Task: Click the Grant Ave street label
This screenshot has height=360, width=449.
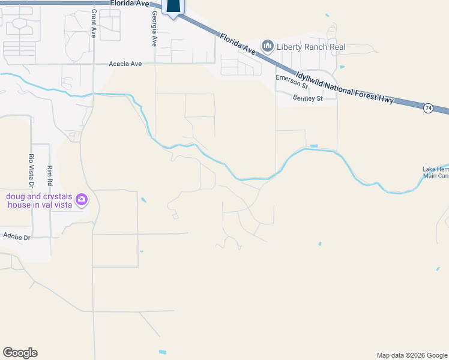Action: [x=94, y=24]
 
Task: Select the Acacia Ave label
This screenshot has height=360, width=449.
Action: [x=125, y=63]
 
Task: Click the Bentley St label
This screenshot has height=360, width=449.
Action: [x=307, y=98]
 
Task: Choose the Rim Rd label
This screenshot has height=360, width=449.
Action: [x=50, y=175]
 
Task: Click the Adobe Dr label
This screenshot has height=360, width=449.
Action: [x=17, y=237]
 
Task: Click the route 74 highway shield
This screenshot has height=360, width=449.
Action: [x=427, y=108]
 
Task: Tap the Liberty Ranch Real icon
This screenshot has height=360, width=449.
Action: [x=267, y=46]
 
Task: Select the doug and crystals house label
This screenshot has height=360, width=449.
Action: [x=39, y=200]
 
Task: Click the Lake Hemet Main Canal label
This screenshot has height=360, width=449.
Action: [x=436, y=172]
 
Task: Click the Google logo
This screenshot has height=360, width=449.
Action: [x=20, y=353]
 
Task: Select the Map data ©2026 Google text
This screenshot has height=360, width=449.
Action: [x=411, y=355]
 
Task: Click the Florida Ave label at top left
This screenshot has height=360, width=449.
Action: [x=129, y=3]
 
